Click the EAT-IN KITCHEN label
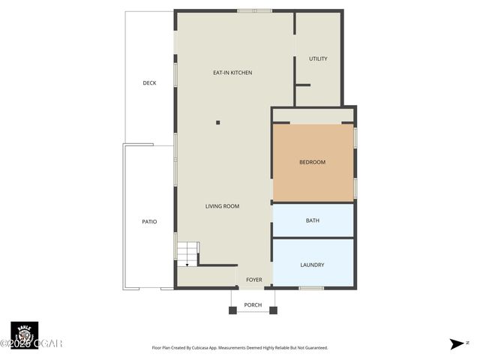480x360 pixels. click(x=232, y=73)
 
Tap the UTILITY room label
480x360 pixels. click(x=318, y=58)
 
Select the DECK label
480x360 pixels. click(x=150, y=83)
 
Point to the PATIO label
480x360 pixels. click(x=150, y=221)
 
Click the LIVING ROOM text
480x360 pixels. click(x=222, y=205)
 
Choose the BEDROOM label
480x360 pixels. click(x=312, y=162)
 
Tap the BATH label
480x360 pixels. click(x=313, y=220)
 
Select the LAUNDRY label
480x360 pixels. click(x=312, y=265)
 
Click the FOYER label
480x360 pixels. click(x=254, y=280)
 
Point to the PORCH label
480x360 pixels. click(x=253, y=304)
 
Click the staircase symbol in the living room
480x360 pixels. click(x=188, y=253)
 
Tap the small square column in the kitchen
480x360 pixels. click(x=218, y=122)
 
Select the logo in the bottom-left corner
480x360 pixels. click(x=24, y=334)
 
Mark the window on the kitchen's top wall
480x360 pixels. click(x=254, y=10)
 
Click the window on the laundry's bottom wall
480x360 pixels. click(x=311, y=288)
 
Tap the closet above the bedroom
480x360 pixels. click(x=313, y=115)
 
